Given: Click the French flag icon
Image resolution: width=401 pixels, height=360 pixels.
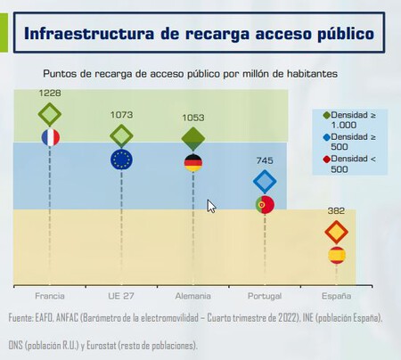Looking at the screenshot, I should tap(50, 137).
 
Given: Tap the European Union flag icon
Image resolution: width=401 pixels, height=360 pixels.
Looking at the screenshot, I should tap(121, 159).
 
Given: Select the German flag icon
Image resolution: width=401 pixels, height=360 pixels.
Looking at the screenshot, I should tap(193, 162).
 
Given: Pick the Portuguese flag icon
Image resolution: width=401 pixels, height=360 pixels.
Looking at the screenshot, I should tap(265, 204).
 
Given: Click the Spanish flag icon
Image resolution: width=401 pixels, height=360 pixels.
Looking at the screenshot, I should tap(336, 255).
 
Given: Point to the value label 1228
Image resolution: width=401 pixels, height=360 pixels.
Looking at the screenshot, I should tap(50, 93).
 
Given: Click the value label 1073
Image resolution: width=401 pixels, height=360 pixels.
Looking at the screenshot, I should tap(121, 115).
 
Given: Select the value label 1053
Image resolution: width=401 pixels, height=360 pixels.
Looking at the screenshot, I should tap(193, 118).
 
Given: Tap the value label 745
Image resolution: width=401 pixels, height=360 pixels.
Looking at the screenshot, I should tap(265, 160).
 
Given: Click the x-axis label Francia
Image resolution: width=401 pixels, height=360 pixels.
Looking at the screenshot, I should tap(50, 295).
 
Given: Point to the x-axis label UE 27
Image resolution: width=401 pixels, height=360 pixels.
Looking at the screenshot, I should tap(121, 295).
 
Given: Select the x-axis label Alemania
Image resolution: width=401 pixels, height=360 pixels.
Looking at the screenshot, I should tap(193, 295).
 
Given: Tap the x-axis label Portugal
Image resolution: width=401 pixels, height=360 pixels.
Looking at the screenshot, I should tap(265, 295).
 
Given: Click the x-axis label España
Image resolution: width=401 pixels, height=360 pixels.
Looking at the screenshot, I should tap(336, 295).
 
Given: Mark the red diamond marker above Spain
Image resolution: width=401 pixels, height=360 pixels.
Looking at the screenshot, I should tap(336, 233).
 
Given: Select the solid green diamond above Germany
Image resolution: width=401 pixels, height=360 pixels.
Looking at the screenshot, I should tap(193, 138).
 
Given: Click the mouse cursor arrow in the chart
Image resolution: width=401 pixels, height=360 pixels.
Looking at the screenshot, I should tap(210, 205).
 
